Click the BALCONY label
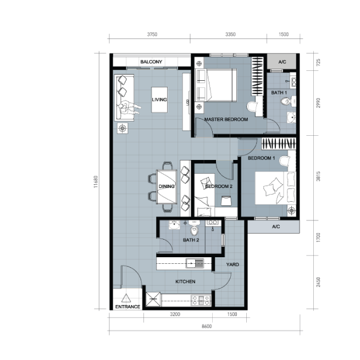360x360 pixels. point(151,62)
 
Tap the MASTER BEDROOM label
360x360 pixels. point(226,119)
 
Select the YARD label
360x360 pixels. point(232,264)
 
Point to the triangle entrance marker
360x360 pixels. point(126,298)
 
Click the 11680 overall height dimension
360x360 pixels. point(96,182)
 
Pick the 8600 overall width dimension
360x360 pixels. point(207,326)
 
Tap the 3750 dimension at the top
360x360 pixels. point(152,35)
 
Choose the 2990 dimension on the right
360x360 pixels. point(318,103)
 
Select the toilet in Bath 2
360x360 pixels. point(195,228)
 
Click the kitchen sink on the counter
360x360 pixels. point(195,263)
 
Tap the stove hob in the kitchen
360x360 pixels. point(201,300)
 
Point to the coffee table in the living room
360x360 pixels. point(159,99)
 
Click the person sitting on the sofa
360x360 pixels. point(129,107)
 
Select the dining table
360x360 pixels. point(167,187)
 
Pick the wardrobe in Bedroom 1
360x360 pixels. point(279,143)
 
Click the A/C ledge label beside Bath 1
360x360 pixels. point(282,62)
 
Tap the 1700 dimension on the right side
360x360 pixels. point(318,237)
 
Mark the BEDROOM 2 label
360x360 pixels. point(219,186)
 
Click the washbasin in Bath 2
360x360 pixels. point(174,225)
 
